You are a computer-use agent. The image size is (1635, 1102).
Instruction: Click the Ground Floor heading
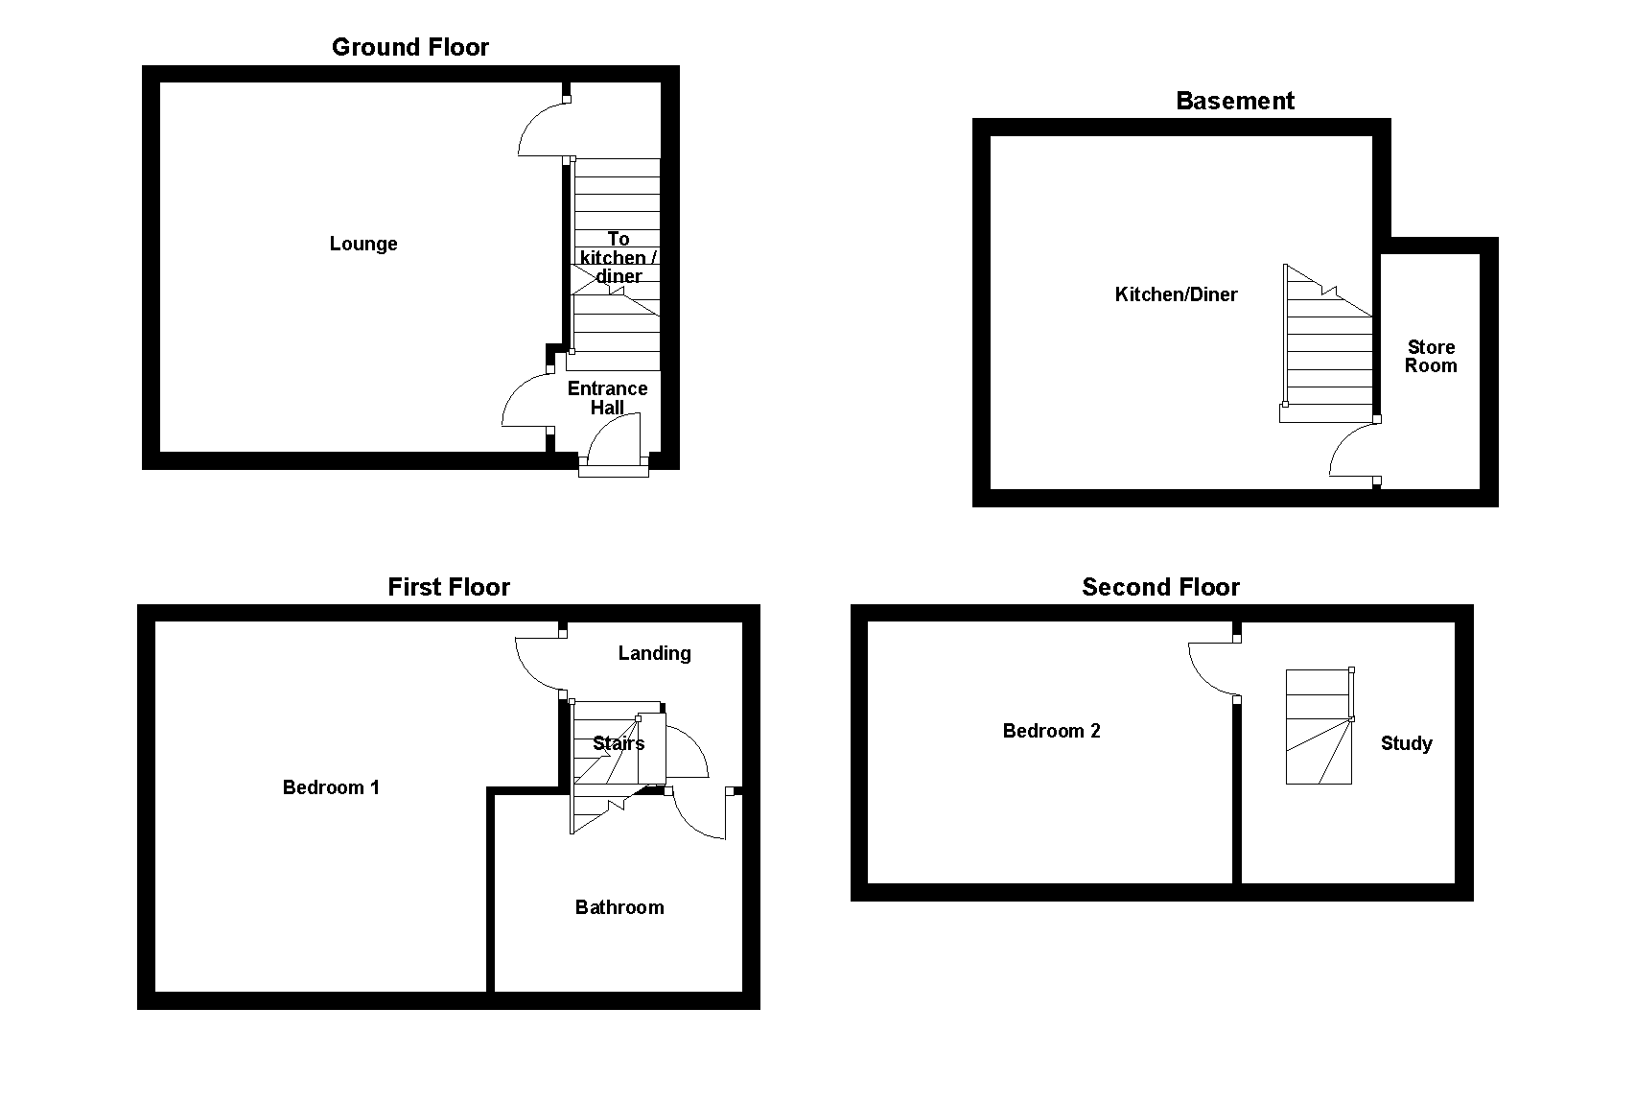coord(409,48)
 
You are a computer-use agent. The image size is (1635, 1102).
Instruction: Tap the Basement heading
coord(1234,102)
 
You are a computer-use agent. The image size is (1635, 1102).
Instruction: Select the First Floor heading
coord(448,587)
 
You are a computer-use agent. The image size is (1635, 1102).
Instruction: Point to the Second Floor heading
coord(1160,587)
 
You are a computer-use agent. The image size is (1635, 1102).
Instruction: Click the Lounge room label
coord(362,244)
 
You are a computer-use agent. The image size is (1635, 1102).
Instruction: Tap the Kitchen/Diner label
coord(1176,294)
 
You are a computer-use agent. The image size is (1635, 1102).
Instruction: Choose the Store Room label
coord(1430,356)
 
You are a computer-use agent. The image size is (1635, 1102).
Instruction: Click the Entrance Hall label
coord(607,397)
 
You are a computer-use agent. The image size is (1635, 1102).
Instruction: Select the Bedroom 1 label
coord(331,787)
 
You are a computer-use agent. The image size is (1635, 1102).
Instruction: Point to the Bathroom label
coord(619,907)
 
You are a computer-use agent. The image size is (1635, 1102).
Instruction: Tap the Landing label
coord(654,653)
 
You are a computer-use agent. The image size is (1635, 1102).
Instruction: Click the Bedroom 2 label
coord(1051,731)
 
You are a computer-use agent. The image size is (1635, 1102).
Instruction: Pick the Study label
coord(1406,743)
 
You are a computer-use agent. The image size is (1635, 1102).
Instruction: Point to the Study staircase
coord(1319,727)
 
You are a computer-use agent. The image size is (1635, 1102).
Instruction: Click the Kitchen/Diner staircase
coord(1328,345)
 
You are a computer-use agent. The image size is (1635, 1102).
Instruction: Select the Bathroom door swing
coord(698,815)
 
